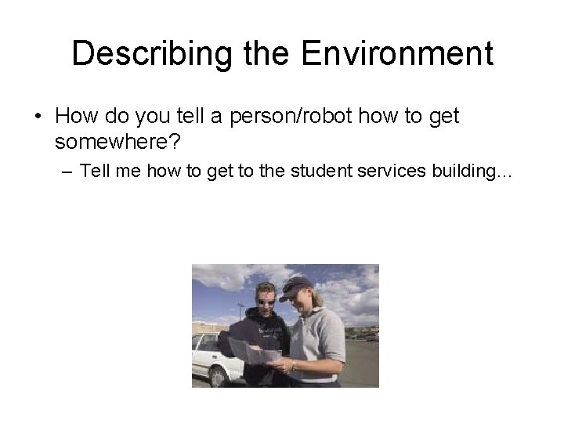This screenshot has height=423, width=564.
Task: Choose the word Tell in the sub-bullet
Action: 96,172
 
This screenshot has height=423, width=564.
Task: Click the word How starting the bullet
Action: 75,117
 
